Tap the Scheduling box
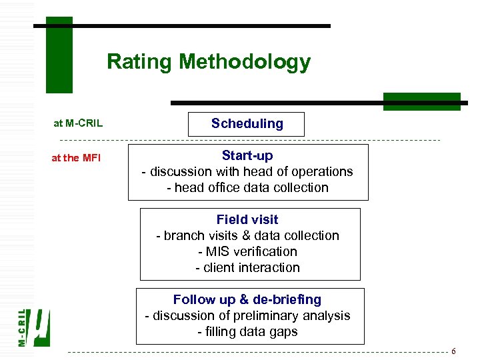point(247,124)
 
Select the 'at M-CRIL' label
point(78,123)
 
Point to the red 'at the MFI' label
point(76,158)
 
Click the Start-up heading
point(247,155)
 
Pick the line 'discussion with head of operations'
point(247,171)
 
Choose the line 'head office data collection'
point(247,187)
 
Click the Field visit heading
point(247,219)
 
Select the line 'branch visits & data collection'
point(247,235)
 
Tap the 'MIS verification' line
point(247,251)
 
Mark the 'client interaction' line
point(247,267)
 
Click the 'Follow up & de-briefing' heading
point(247,299)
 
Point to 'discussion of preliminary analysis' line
point(247,315)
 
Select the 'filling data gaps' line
point(247,331)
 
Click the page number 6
point(453,351)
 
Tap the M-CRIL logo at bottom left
point(33,327)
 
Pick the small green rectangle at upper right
point(421,101)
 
